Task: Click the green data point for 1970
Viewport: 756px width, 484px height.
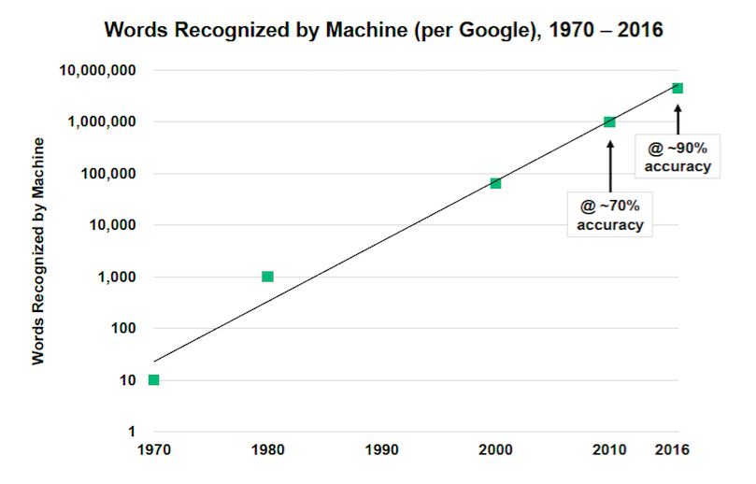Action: (153, 379)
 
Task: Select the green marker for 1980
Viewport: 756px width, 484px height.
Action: (267, 277)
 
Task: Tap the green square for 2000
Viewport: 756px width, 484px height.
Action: (495, 183)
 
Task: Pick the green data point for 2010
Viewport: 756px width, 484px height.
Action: (609, 121)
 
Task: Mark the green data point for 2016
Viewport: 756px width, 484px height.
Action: (678, 88)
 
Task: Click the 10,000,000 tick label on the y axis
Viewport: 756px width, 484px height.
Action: (98, 70)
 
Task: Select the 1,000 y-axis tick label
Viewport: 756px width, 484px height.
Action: (116, 277)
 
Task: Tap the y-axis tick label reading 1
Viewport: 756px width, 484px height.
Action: (132, 432)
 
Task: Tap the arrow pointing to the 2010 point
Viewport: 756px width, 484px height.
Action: (609, 164)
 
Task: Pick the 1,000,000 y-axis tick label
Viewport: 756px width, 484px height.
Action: (103, 121)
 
